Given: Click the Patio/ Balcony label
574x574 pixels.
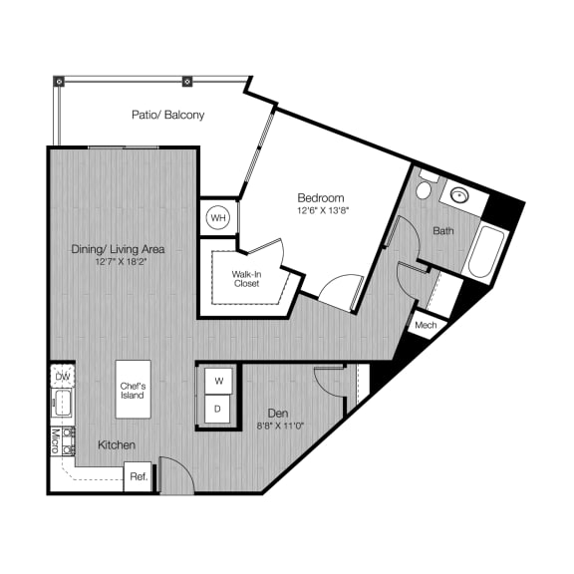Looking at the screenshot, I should [168, 115].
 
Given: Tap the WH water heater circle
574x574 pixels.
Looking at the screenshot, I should [217, 216].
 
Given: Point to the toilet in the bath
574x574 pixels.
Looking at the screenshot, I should [425, 188].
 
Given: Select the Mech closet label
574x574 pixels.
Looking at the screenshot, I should [426, 325].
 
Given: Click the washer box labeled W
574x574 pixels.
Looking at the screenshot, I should [218, 382].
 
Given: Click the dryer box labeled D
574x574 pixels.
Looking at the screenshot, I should [218, 410].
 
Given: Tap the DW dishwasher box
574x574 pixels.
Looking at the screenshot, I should [62, 377].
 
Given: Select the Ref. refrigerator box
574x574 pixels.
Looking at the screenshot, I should [138, 477].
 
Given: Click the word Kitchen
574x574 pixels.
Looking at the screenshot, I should [117, 444].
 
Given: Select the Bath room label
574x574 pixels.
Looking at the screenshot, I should [443, 231].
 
